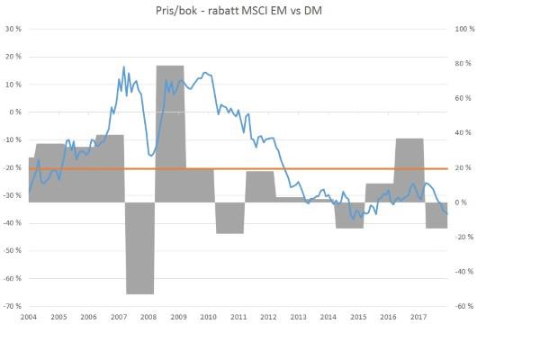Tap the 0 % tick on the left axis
tap(14, 112)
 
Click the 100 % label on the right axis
tap(464, 29)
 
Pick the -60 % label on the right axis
tap(464, 306)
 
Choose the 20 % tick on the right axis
tap(463, 167)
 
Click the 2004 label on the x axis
tap(29, 318)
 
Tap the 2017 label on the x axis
tap(418, 318)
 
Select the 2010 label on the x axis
tap(208, 318)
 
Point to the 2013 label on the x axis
tap(298, 318)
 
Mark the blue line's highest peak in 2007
tap(123, 67)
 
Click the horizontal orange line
tap(270, 168)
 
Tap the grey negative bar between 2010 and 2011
tap(229, 218)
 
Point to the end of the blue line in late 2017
tap(447, 213)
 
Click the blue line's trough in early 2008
tap(150, 156)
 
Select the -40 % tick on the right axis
tap(464, 271)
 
